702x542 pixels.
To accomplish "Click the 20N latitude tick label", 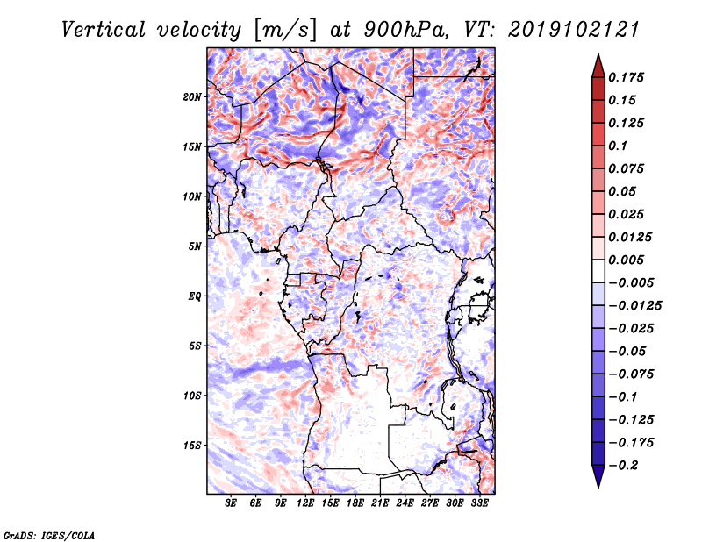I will (192, 96).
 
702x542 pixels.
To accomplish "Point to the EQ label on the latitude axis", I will (194, 296).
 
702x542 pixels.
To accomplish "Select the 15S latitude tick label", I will (192, 446).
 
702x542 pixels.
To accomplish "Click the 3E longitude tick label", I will (232, 504).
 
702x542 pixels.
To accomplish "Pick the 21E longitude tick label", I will (380, 504).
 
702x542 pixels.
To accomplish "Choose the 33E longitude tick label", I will (479, 504).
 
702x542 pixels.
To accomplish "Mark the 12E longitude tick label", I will (305, 504).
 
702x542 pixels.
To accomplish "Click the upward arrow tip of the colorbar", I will (598, 55).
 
